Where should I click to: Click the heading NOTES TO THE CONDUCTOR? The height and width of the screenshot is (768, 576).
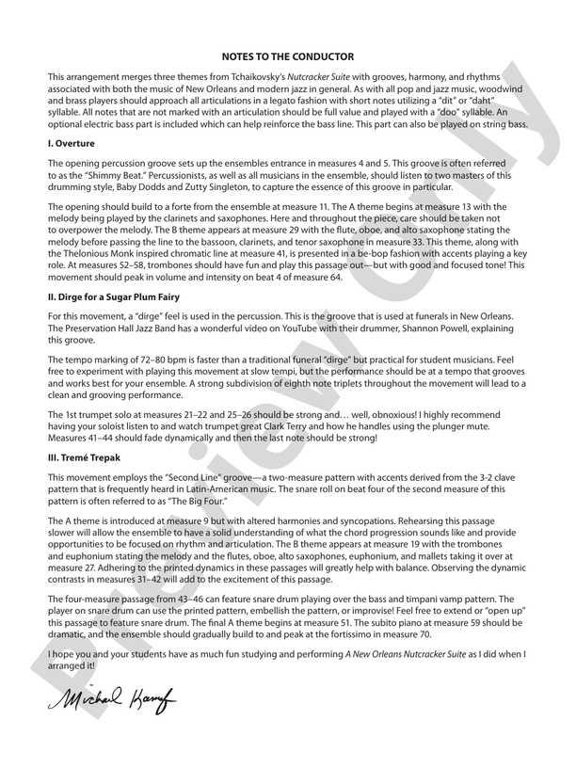pyautogui.click(x=288, y=56)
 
